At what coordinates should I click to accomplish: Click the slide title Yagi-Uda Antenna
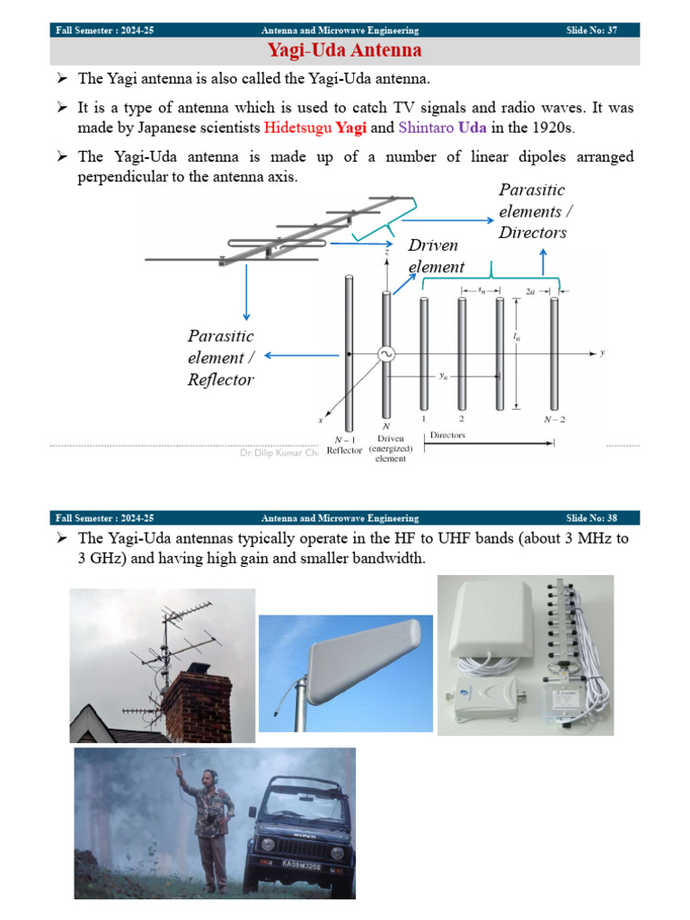pos(344,50)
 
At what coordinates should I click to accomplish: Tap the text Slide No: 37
pos(591,31)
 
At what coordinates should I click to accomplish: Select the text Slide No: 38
pos(591,518)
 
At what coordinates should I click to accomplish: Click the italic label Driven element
pos(436,256)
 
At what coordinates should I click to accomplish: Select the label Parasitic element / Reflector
pos(221,358)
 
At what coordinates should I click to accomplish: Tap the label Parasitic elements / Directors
pos(533,211)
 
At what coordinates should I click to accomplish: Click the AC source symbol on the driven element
pos(387,355)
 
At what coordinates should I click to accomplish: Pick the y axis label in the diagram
pos(602,353)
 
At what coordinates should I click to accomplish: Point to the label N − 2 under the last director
pos(554,419)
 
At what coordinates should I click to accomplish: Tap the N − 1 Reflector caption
pos(344,445)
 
